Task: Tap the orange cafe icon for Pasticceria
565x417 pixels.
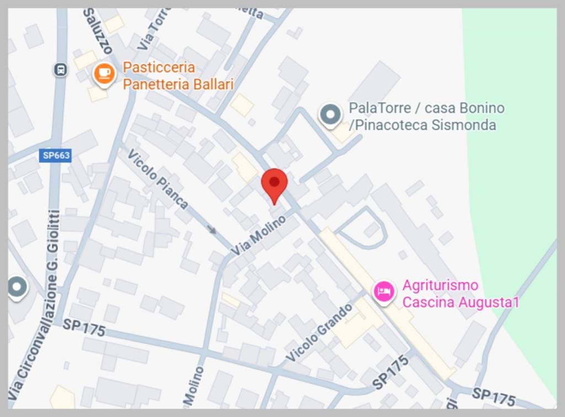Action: [104, 74]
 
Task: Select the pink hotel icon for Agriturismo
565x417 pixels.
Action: [384, 291]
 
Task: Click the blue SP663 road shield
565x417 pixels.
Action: [56, 156]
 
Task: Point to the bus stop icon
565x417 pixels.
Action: [60, 69]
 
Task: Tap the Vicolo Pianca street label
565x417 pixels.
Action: [158, 179]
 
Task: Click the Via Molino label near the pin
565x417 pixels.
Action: [259, 236]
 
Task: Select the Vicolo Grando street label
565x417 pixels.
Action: [319, 332]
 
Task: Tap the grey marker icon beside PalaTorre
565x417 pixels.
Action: [331, 115]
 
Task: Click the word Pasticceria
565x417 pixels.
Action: [159, 67]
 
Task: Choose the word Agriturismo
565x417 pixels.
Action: [440, 286]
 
